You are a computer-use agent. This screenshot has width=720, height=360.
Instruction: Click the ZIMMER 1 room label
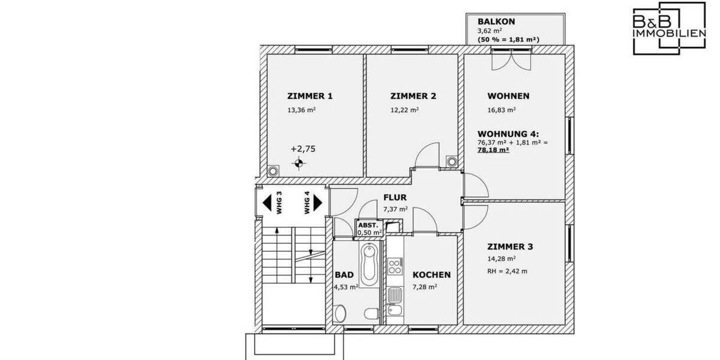[x=310, y=96]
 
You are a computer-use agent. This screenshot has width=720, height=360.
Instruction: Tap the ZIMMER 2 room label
[x=413, y=96]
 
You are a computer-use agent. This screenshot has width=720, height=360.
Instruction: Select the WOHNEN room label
[x=508, y=96]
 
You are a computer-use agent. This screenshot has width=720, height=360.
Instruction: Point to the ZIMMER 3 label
[x=510, y=247]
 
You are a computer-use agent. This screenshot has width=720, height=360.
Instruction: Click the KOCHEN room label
[x=431, y=275]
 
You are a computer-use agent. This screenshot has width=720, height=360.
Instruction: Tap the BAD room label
[x=344, y=275]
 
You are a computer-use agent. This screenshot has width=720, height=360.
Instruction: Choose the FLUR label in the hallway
[x=395, y=197]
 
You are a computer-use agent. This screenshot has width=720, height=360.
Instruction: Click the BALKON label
[x=496, y=21]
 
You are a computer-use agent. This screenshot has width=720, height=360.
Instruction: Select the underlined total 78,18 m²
[x=493, y=151]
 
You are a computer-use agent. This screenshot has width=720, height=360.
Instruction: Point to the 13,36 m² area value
[x=301, y=110]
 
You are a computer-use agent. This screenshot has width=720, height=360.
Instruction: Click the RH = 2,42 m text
[x=507, y=271]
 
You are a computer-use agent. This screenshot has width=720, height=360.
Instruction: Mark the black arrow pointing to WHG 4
[x=318, y=202]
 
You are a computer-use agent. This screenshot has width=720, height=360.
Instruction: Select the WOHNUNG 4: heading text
[x=508, y=134]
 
